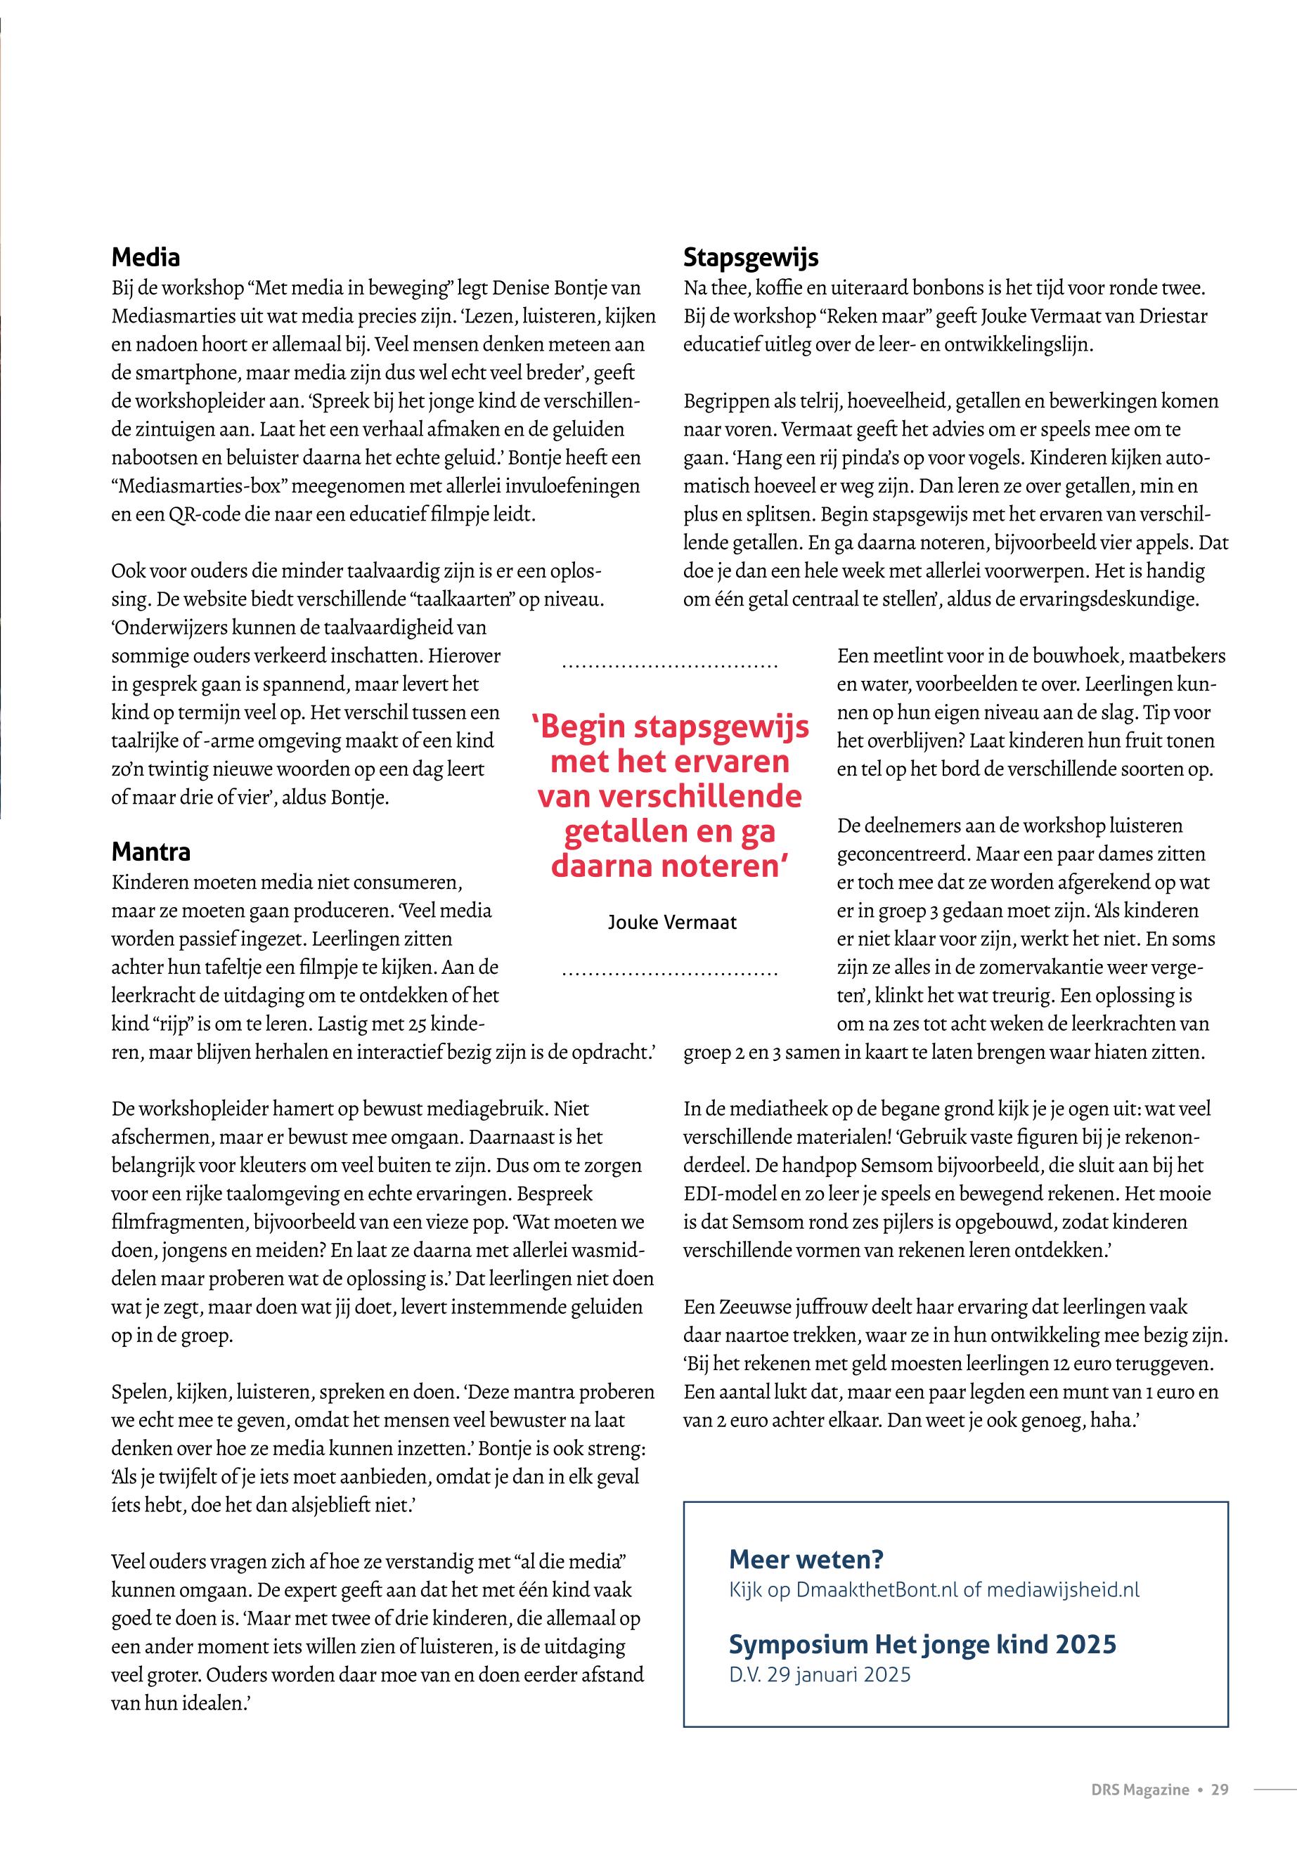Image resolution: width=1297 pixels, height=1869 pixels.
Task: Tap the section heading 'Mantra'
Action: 151,852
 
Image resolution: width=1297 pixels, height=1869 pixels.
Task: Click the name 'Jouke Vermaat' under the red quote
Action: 672,922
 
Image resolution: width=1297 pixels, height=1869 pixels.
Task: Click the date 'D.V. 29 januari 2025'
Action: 819,1675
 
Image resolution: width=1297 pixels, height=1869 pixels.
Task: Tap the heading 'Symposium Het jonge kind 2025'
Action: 922,1644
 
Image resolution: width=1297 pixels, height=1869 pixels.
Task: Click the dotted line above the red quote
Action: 671,667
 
